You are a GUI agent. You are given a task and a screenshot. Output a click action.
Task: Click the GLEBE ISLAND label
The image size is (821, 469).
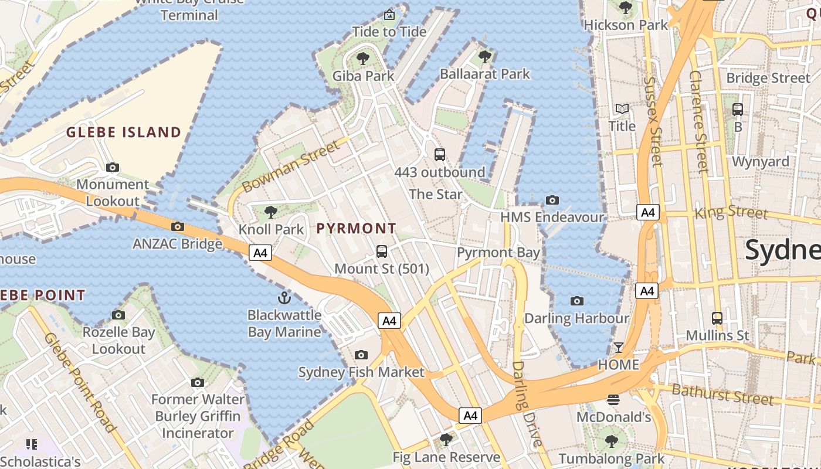pyautogui.click(x=124, y=132)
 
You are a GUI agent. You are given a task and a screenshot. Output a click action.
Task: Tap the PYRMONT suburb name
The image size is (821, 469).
pyautogui.click(x=357, y=229)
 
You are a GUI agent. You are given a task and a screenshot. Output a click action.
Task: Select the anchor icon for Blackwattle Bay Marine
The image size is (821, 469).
pyautogui.click(x=284, y=298)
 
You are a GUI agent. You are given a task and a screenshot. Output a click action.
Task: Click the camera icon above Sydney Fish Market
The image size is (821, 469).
pyautogui.click(x=361, y=355)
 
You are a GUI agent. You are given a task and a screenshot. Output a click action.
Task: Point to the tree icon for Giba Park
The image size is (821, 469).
pyautogui.click(x=363, y=58)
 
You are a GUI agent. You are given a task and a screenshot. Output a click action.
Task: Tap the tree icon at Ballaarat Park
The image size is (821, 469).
pyautogui.click(x=484, y=56)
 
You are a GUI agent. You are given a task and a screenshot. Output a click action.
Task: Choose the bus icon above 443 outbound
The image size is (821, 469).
pyautogui.click(x=440, y=155)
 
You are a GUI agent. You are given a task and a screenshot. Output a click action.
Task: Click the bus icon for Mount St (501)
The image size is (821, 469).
pyautogui.click(x=382, y=252)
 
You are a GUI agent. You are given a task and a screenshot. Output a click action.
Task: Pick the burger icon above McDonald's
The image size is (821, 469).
pyautogui.click(x=613, y=400)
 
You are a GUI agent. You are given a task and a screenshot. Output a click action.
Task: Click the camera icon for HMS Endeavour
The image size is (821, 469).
pyautogui.click(x=552, y=200)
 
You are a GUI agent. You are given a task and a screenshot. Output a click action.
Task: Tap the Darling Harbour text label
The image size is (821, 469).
pyautogui.click(x=576, y=318)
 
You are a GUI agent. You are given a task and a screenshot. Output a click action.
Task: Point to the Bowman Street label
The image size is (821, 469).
pyautogui.click(x=291, y=166)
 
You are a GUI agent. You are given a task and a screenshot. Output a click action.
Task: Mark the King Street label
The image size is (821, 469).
pyautogui.click(x=731, y=212)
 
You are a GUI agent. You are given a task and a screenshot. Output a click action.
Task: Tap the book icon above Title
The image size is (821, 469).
pyautogui.click(x=622, y=109)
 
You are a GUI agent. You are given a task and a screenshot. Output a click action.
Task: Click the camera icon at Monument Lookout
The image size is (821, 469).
pyautogui.click(x=113, y=167)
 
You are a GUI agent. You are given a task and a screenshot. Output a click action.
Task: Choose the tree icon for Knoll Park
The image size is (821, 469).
pyautogui.click(x=270, y=212)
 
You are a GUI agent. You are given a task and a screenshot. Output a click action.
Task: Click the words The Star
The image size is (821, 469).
pyautogui.click(x=435, y=194)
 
